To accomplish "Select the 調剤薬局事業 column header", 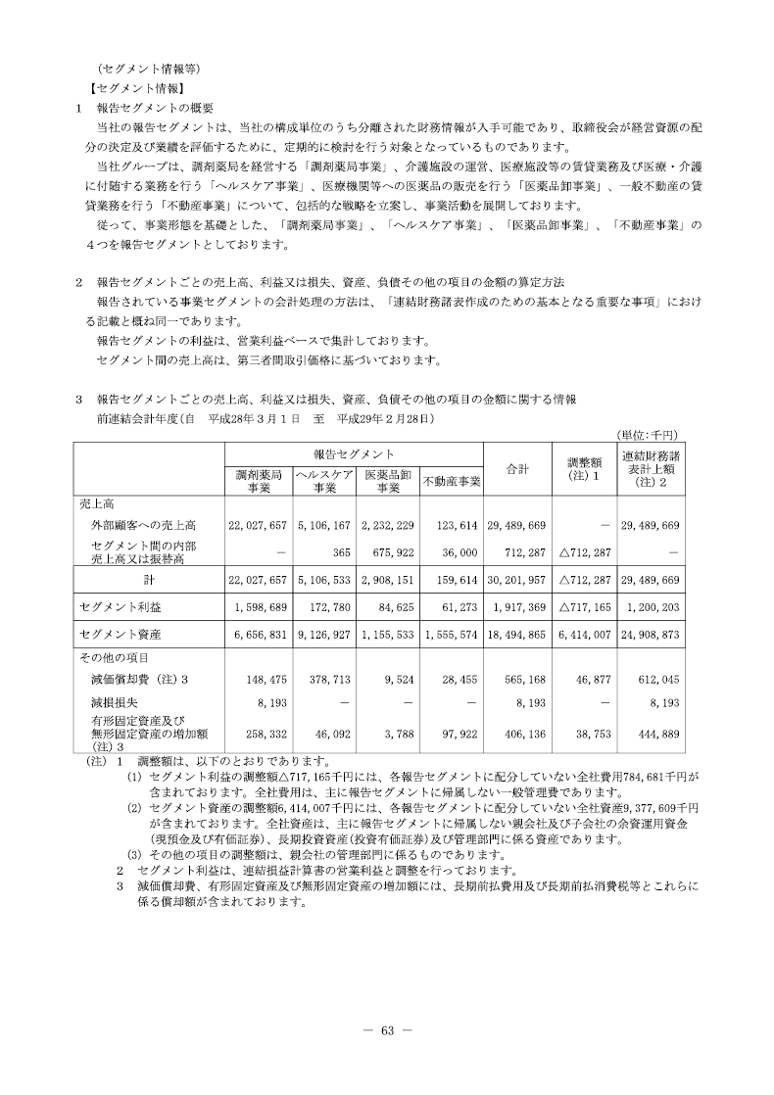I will click(260, 480).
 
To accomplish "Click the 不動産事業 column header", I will click(452, 481).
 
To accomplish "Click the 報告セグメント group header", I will click(355, 454).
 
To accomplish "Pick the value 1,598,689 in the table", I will click(259, 607).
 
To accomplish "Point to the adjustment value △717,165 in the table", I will click(586, 607).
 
